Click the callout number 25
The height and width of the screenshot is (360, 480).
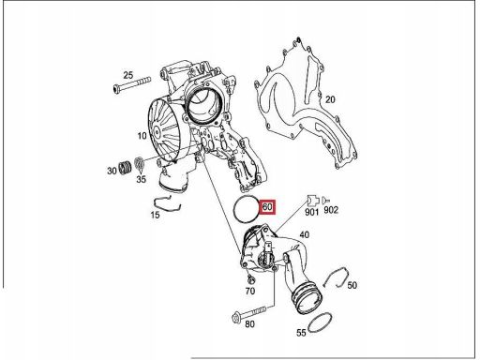pos(128,75)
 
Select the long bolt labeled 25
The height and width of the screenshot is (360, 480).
pos(131,84)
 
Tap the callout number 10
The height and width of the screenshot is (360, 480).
pos(142,136)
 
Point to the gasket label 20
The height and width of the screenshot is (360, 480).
pos(330,99)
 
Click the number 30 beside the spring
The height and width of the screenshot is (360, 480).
pos(112,171)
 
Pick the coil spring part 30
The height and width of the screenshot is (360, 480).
pos(126,168)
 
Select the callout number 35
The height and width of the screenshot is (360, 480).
pos(142,179)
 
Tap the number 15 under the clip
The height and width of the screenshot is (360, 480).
pos(155,215)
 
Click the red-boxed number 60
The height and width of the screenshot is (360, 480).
pos(267,207)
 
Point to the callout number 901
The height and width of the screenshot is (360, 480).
pos(311,212)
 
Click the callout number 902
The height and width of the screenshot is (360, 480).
pos(331,210)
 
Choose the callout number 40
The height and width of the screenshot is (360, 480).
pos(305,234)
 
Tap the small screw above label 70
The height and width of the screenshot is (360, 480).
pos(250,278)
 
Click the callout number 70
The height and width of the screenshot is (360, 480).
pos(250,291)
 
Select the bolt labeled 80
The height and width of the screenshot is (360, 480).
pos(249,314)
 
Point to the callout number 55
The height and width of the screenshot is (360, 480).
pos(301,333)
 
